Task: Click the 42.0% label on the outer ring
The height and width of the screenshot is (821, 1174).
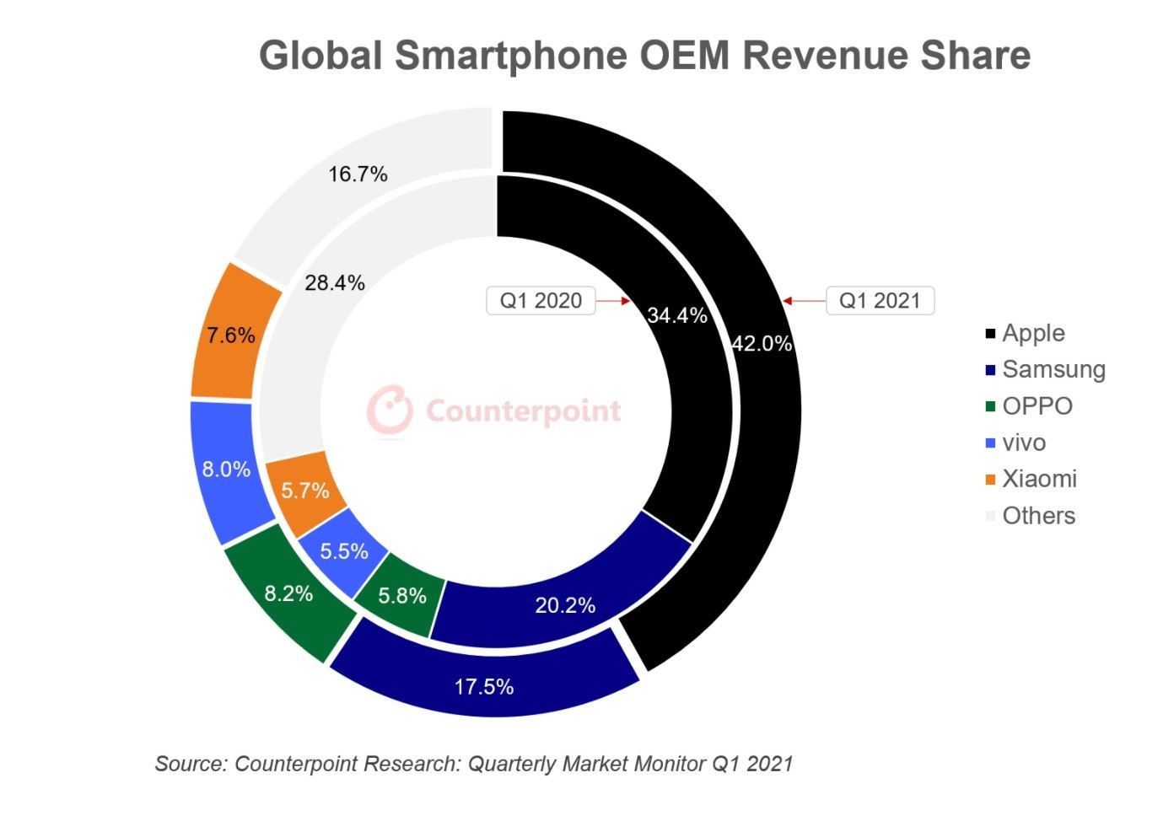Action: [x=762, y=343]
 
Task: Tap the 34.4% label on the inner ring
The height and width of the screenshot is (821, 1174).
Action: [x=676, y=315]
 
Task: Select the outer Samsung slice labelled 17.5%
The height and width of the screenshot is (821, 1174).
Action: [x=484, y=684]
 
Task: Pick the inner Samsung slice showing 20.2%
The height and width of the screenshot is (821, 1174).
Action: [x=565, y=604]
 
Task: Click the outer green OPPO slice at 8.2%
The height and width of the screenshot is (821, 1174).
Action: [x=289, y=593]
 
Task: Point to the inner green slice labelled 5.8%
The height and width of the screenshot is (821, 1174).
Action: [x=401, y=596]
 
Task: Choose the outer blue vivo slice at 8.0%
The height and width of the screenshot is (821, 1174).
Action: [x=226, y=470]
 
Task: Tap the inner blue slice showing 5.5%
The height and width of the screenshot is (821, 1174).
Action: [x=344, y=551]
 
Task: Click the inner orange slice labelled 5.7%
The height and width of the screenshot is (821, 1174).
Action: [x=305, y=490]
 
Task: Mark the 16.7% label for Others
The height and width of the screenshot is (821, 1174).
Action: [x=358, y=174]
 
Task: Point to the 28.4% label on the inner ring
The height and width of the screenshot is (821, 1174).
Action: [x=335, y=283]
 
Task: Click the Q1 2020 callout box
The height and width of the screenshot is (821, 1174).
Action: [x=541, y=301]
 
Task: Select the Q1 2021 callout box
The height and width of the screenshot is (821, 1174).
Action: [x=879, y=301]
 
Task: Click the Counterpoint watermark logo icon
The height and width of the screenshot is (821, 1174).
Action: [x=390, y=410]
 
